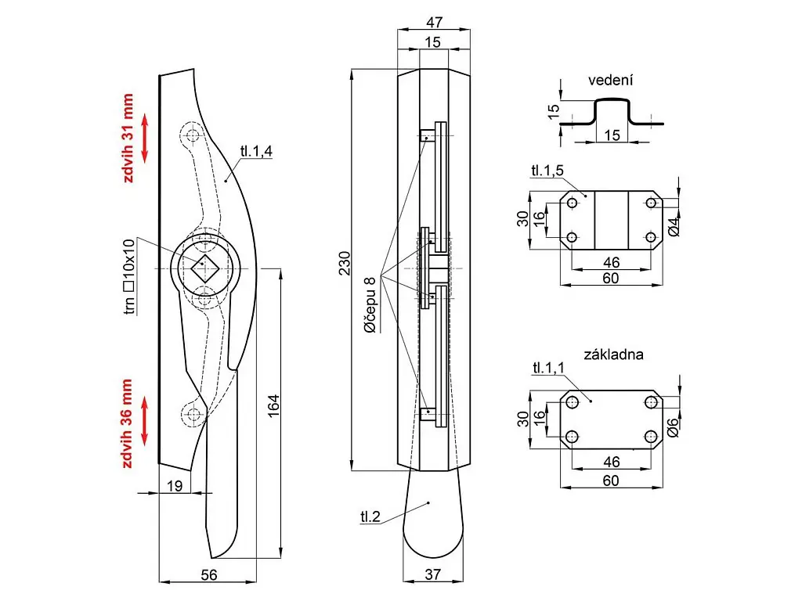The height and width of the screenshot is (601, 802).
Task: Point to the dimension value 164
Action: coord(273,407)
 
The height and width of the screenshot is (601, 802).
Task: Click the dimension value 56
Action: coord(208,574)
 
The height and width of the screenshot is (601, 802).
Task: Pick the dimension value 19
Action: coord(175,486)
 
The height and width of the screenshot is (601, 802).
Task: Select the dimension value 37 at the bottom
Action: coord(432,574)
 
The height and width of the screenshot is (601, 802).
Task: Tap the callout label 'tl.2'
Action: coord(370,516)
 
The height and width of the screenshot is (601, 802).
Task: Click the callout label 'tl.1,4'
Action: coord(256,152)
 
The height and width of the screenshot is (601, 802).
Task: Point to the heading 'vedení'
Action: coord(610,81)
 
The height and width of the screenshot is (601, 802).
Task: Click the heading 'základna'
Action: coord(613,354)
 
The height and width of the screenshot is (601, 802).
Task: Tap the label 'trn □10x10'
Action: coord(129,276)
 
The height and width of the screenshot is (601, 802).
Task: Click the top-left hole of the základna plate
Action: coord(573,401)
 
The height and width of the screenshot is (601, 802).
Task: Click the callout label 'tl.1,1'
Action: coord(548,368)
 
